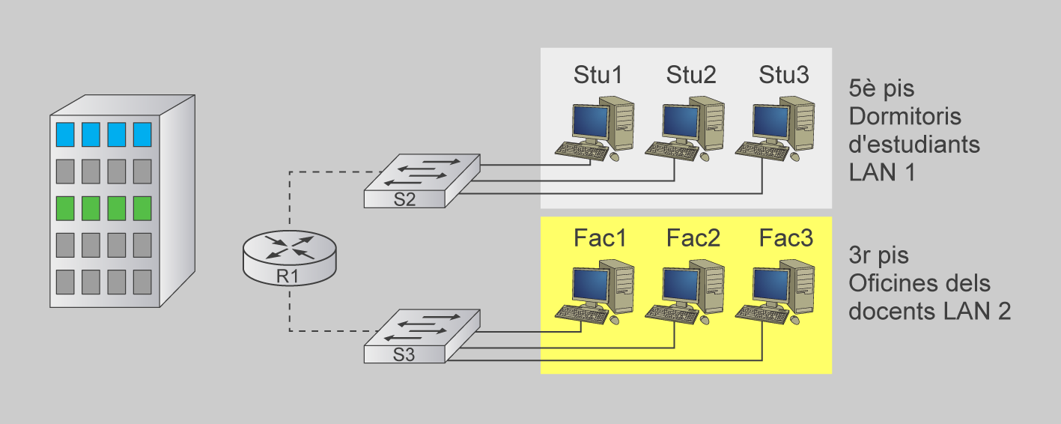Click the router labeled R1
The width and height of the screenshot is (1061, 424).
click(x=289, y=257)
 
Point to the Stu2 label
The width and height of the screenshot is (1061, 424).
click(x=691, y=75)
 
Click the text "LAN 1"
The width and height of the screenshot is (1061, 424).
click(x=882, y=172)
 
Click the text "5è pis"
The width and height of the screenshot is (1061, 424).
click(x=881, y=89)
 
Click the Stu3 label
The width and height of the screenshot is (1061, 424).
click(x=783, y=75)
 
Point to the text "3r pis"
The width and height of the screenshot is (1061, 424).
click(x=878, y=255)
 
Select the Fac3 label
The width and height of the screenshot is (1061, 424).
click(x=785, y=238)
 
